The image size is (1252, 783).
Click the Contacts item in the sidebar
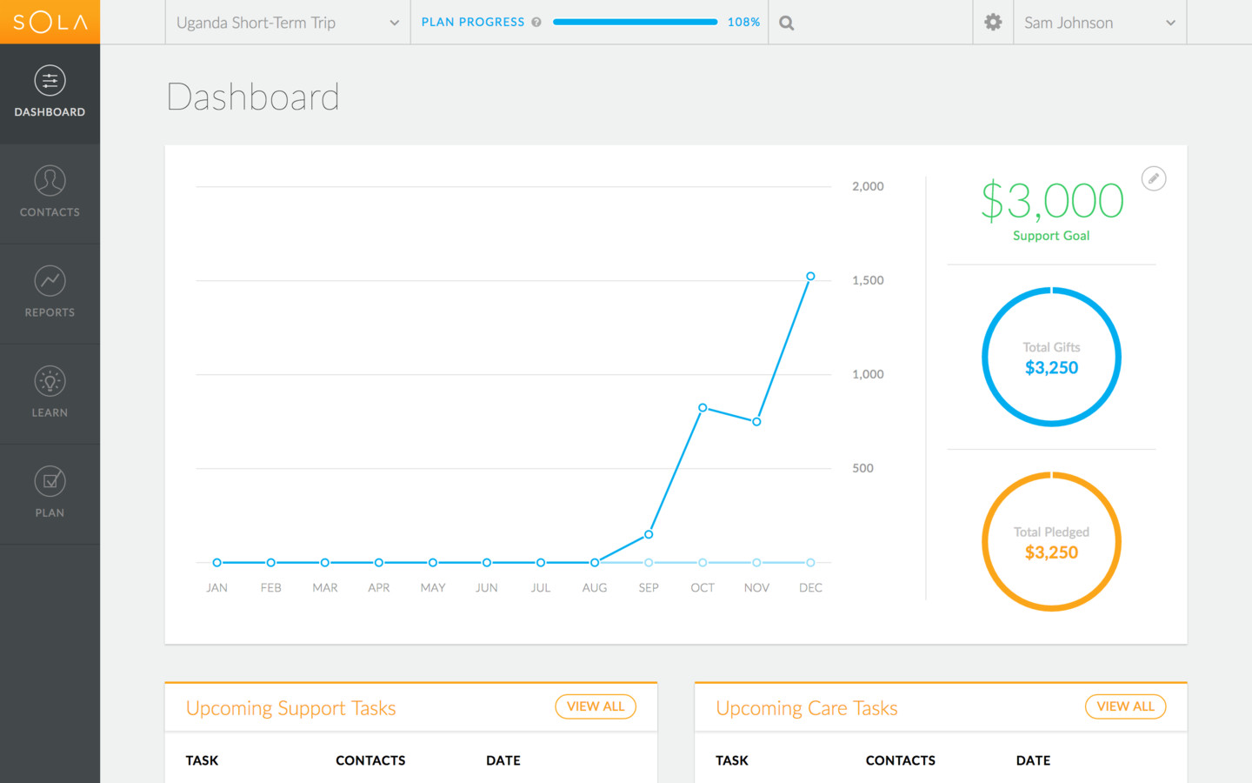point(50,193)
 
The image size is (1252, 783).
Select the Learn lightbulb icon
point(50,381)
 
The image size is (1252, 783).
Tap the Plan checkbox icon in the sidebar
point(50,481)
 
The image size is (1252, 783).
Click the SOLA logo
point(50,22)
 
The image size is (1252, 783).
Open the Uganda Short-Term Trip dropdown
point(287,23)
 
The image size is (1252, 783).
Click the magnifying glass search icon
point(787,23)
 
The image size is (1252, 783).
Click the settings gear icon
point(993,23)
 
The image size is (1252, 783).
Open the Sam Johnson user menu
point(1099,23)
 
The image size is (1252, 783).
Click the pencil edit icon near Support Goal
point(1153,178)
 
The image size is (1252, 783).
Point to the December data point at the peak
point(810,277)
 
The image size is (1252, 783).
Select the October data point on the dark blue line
point(703,408)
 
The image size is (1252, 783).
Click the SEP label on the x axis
point(649,588)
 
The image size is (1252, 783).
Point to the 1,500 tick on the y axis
point(868,280)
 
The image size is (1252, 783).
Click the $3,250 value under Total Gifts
point(1051,368)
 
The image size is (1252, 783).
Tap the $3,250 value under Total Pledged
point(1051,552)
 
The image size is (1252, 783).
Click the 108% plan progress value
point(743,23)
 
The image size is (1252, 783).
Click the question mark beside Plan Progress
point(536,23)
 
